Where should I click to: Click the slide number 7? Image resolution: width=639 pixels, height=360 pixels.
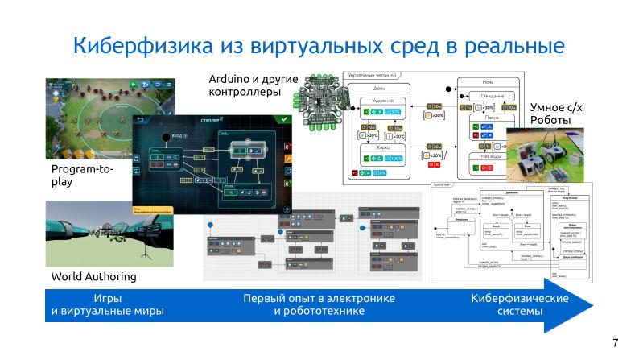pos(616,342)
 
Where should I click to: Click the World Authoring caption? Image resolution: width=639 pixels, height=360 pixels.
pos(93,276)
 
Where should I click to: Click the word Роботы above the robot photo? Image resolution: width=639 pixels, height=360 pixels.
pos(550,120)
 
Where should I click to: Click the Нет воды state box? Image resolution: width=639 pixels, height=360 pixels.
pos(487,159)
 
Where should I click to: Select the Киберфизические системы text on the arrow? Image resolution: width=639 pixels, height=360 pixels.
pos(519,304)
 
